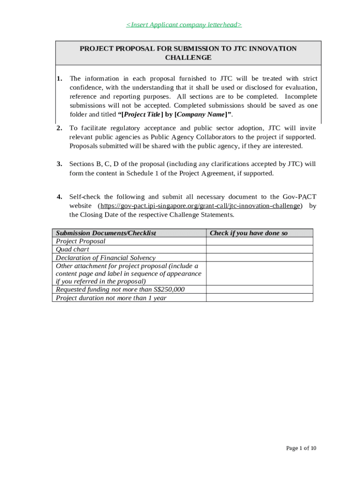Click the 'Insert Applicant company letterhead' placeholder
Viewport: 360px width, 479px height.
coord(184,25)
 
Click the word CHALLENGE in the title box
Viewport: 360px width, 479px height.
coord(188,58)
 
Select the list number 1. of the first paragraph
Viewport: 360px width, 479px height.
coord(59,79)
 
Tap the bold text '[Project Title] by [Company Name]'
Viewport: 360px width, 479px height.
coord(181,115)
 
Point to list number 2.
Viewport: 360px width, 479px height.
coord(59,128)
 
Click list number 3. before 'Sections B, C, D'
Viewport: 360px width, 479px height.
coord(59,164)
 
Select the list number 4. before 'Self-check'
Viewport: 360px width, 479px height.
coord(59,197)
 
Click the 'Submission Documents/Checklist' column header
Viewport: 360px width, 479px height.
coord(106,233)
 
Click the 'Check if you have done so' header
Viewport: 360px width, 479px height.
coord(249,233)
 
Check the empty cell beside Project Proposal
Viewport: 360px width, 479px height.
coord(259,241)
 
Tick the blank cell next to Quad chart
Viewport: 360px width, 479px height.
coord(259,249)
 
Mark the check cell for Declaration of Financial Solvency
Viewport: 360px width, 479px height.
coord(259,258)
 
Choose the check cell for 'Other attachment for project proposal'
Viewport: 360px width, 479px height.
coord(259,273)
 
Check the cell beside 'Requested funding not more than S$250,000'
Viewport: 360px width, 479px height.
coord(259,290)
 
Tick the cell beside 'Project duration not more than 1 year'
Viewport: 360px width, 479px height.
coord(259,298)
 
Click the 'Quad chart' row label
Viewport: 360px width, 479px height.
coord(72,249)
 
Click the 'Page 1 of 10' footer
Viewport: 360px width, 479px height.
coord(301,449)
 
